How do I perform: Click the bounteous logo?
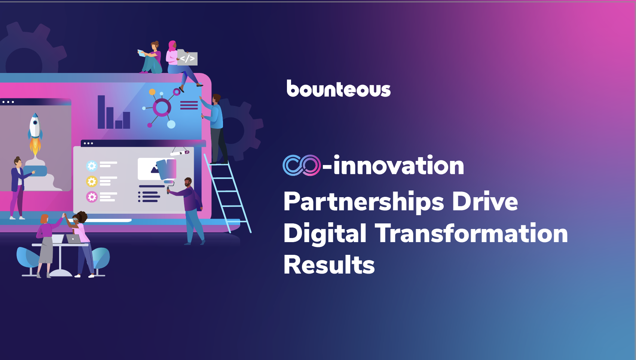(x=339, y=88)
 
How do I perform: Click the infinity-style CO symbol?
(x=302, y=165)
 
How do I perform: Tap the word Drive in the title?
(x=485, y=202)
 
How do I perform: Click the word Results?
(x=329, y=265)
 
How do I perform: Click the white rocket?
(x=35, y=126)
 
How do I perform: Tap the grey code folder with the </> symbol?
(x=187, y=58)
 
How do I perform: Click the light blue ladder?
(x=227, y=193)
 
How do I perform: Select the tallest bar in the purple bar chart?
(x=101, y=112)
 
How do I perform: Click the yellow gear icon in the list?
(x=92, y=181)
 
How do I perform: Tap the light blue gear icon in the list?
(x=92, y=166)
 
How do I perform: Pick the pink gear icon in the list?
(x=92, y=197)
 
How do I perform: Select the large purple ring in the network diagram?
(x=162, y=107)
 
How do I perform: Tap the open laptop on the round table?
(x=73, y=239)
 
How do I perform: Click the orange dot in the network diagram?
(x=152, y=92)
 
